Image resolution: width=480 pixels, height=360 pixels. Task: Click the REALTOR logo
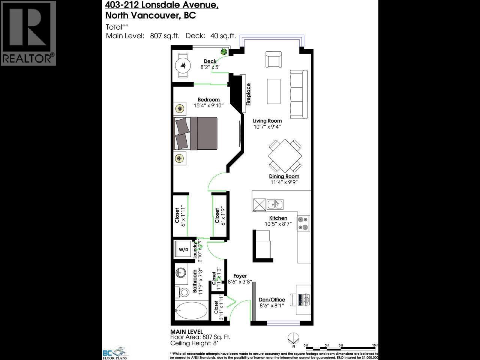[28, 33]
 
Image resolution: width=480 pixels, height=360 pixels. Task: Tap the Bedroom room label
[208, 99]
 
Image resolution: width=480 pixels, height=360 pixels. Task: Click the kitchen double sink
[275, 204]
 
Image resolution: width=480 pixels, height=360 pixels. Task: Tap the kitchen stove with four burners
[303, 223]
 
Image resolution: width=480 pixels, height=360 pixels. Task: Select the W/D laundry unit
[183, 249]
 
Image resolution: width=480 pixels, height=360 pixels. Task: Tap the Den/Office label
[272, 300]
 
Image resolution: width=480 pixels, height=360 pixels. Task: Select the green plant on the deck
[224, 52]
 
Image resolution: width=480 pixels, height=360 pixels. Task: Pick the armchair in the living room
[273, 59]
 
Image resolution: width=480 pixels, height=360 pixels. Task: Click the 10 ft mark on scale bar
[374, 345]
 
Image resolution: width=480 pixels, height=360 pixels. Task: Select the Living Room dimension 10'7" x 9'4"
[267, 127]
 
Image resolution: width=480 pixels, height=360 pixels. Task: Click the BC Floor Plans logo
[115, 352]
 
